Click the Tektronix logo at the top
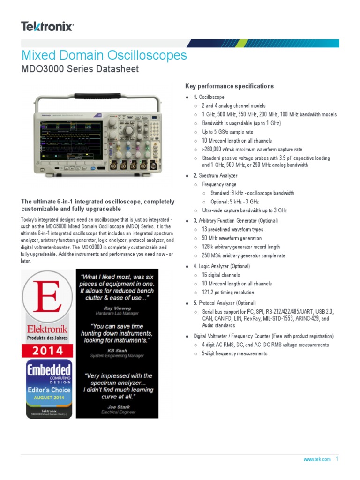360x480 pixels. [x=47, y=26]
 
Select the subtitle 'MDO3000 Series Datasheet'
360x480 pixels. [x=80, y=69]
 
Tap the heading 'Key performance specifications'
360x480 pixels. [x=230, y=86]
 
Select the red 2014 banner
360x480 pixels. [x=46, y=351]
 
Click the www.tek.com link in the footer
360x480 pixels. [x=317, y=459]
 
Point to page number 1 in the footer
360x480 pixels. [x=337, y=459]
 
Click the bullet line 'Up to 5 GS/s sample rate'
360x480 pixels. [x=227, y=132]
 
